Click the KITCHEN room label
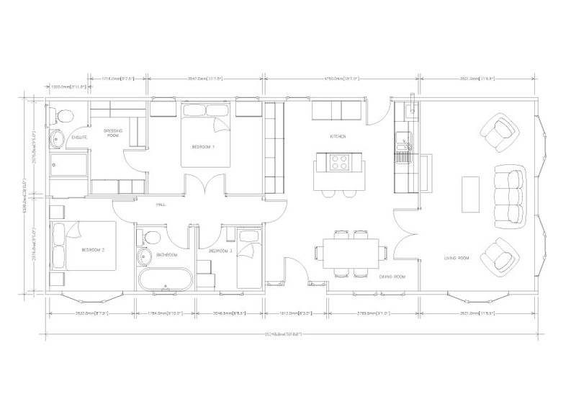pyautogui.click(x=338, y=136)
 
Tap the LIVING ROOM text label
pyautogui.click(x=456, y=258)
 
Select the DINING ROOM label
pyautogui.click(x=392, y=276)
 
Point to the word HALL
pyautogui.click(x=161, y=205)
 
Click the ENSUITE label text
pyautogui.click(x=78, y=137)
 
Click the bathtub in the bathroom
pyautogui.click(x=165, y=279)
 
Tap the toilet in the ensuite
pyautogui.click(x=61, y=115)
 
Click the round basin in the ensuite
pyautogui.click(x=55, y=138)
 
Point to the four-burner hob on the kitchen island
pyautogui.click(x=338, y=163)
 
